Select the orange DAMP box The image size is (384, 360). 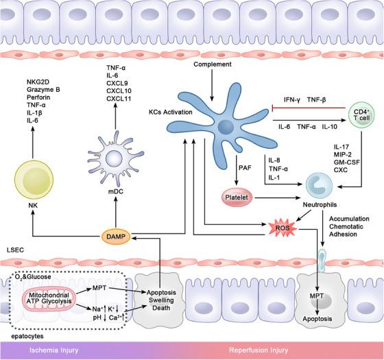pyautogui.click(x=114, y=235)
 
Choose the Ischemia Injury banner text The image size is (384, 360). pyautogui.click(x=50, y=350)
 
